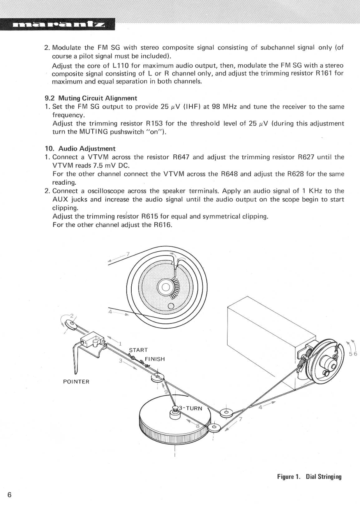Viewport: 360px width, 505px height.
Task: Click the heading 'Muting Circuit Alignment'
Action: (97, 98)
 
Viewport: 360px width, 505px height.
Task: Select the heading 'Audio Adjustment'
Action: (87, 149)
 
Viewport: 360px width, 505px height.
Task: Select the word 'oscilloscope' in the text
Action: (106, 191)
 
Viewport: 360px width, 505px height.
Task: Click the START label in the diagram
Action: (138, 350)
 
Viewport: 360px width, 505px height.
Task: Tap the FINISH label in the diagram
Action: (155, 359)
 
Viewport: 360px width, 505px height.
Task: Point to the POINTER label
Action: (76, 382)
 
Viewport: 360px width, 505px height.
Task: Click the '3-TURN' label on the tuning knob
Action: (191, 408)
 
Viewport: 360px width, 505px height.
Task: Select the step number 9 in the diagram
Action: (166, 392)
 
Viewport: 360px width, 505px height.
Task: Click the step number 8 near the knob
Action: (198, 426)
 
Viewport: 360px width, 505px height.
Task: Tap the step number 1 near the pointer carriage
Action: (120, 344)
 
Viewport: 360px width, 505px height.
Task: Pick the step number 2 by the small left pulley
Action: (72, 315)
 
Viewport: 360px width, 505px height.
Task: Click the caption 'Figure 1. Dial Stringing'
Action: (309, 476)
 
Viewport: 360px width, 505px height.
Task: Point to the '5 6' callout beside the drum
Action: (353, 354)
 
